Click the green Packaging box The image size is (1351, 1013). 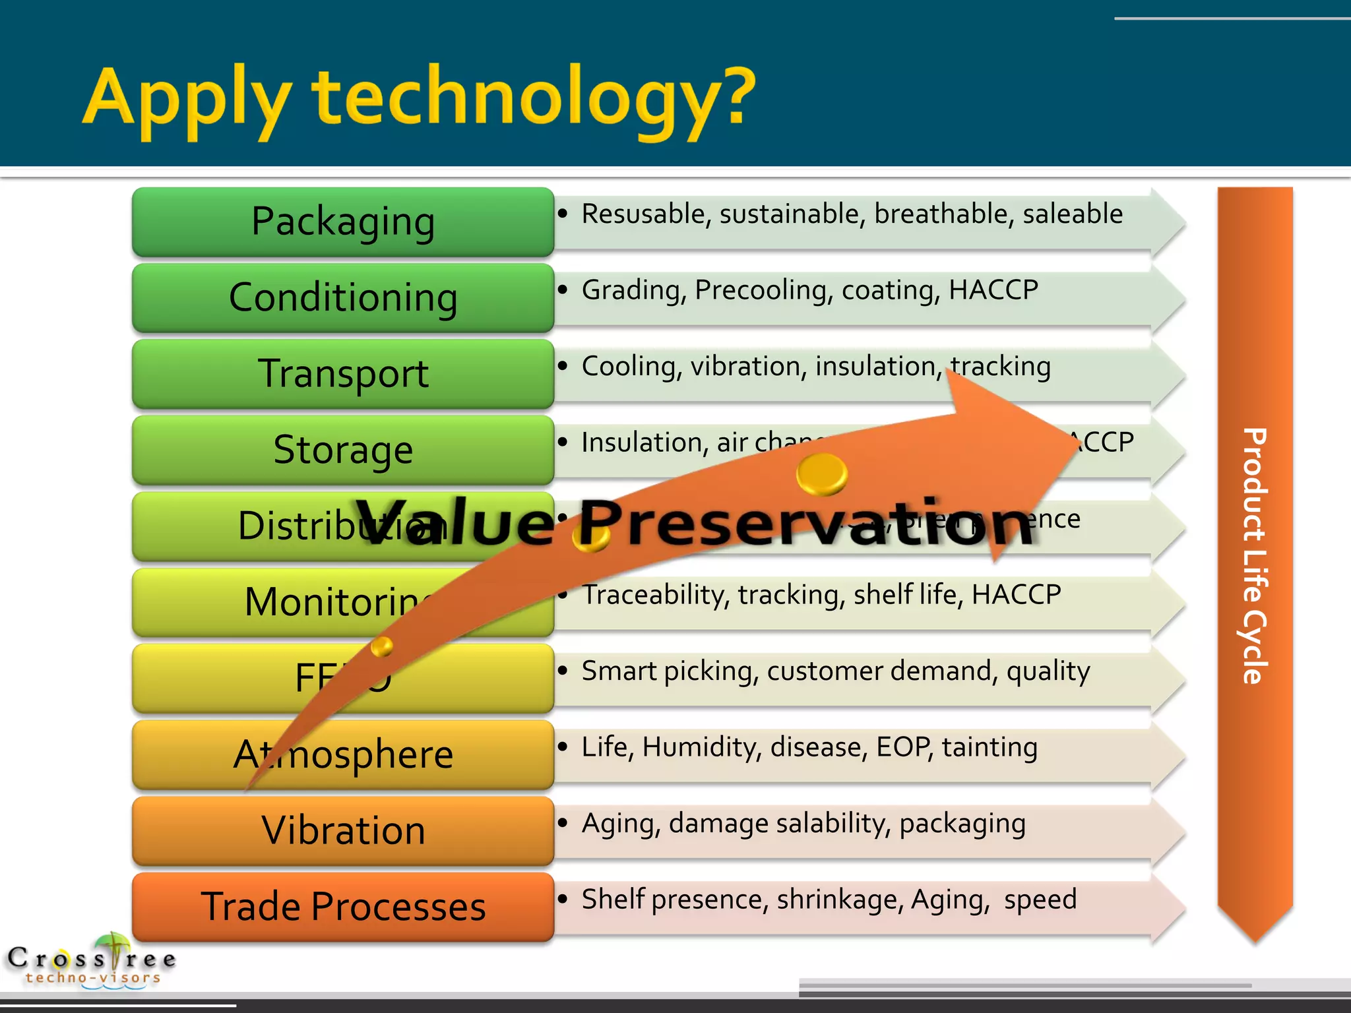(x=342, y=222)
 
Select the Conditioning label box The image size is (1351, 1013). (x=342, y=297)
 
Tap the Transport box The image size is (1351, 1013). (x=342, y=373)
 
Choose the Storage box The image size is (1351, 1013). (x=342, y=450)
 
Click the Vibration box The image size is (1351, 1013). (x=342, y=830)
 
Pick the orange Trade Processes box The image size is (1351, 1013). (x=342, y=906)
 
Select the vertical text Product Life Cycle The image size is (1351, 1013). (x=1254, y=555)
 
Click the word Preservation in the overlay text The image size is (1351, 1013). (x=805, y=524)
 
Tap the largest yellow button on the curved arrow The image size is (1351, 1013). (x=821, y=474)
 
